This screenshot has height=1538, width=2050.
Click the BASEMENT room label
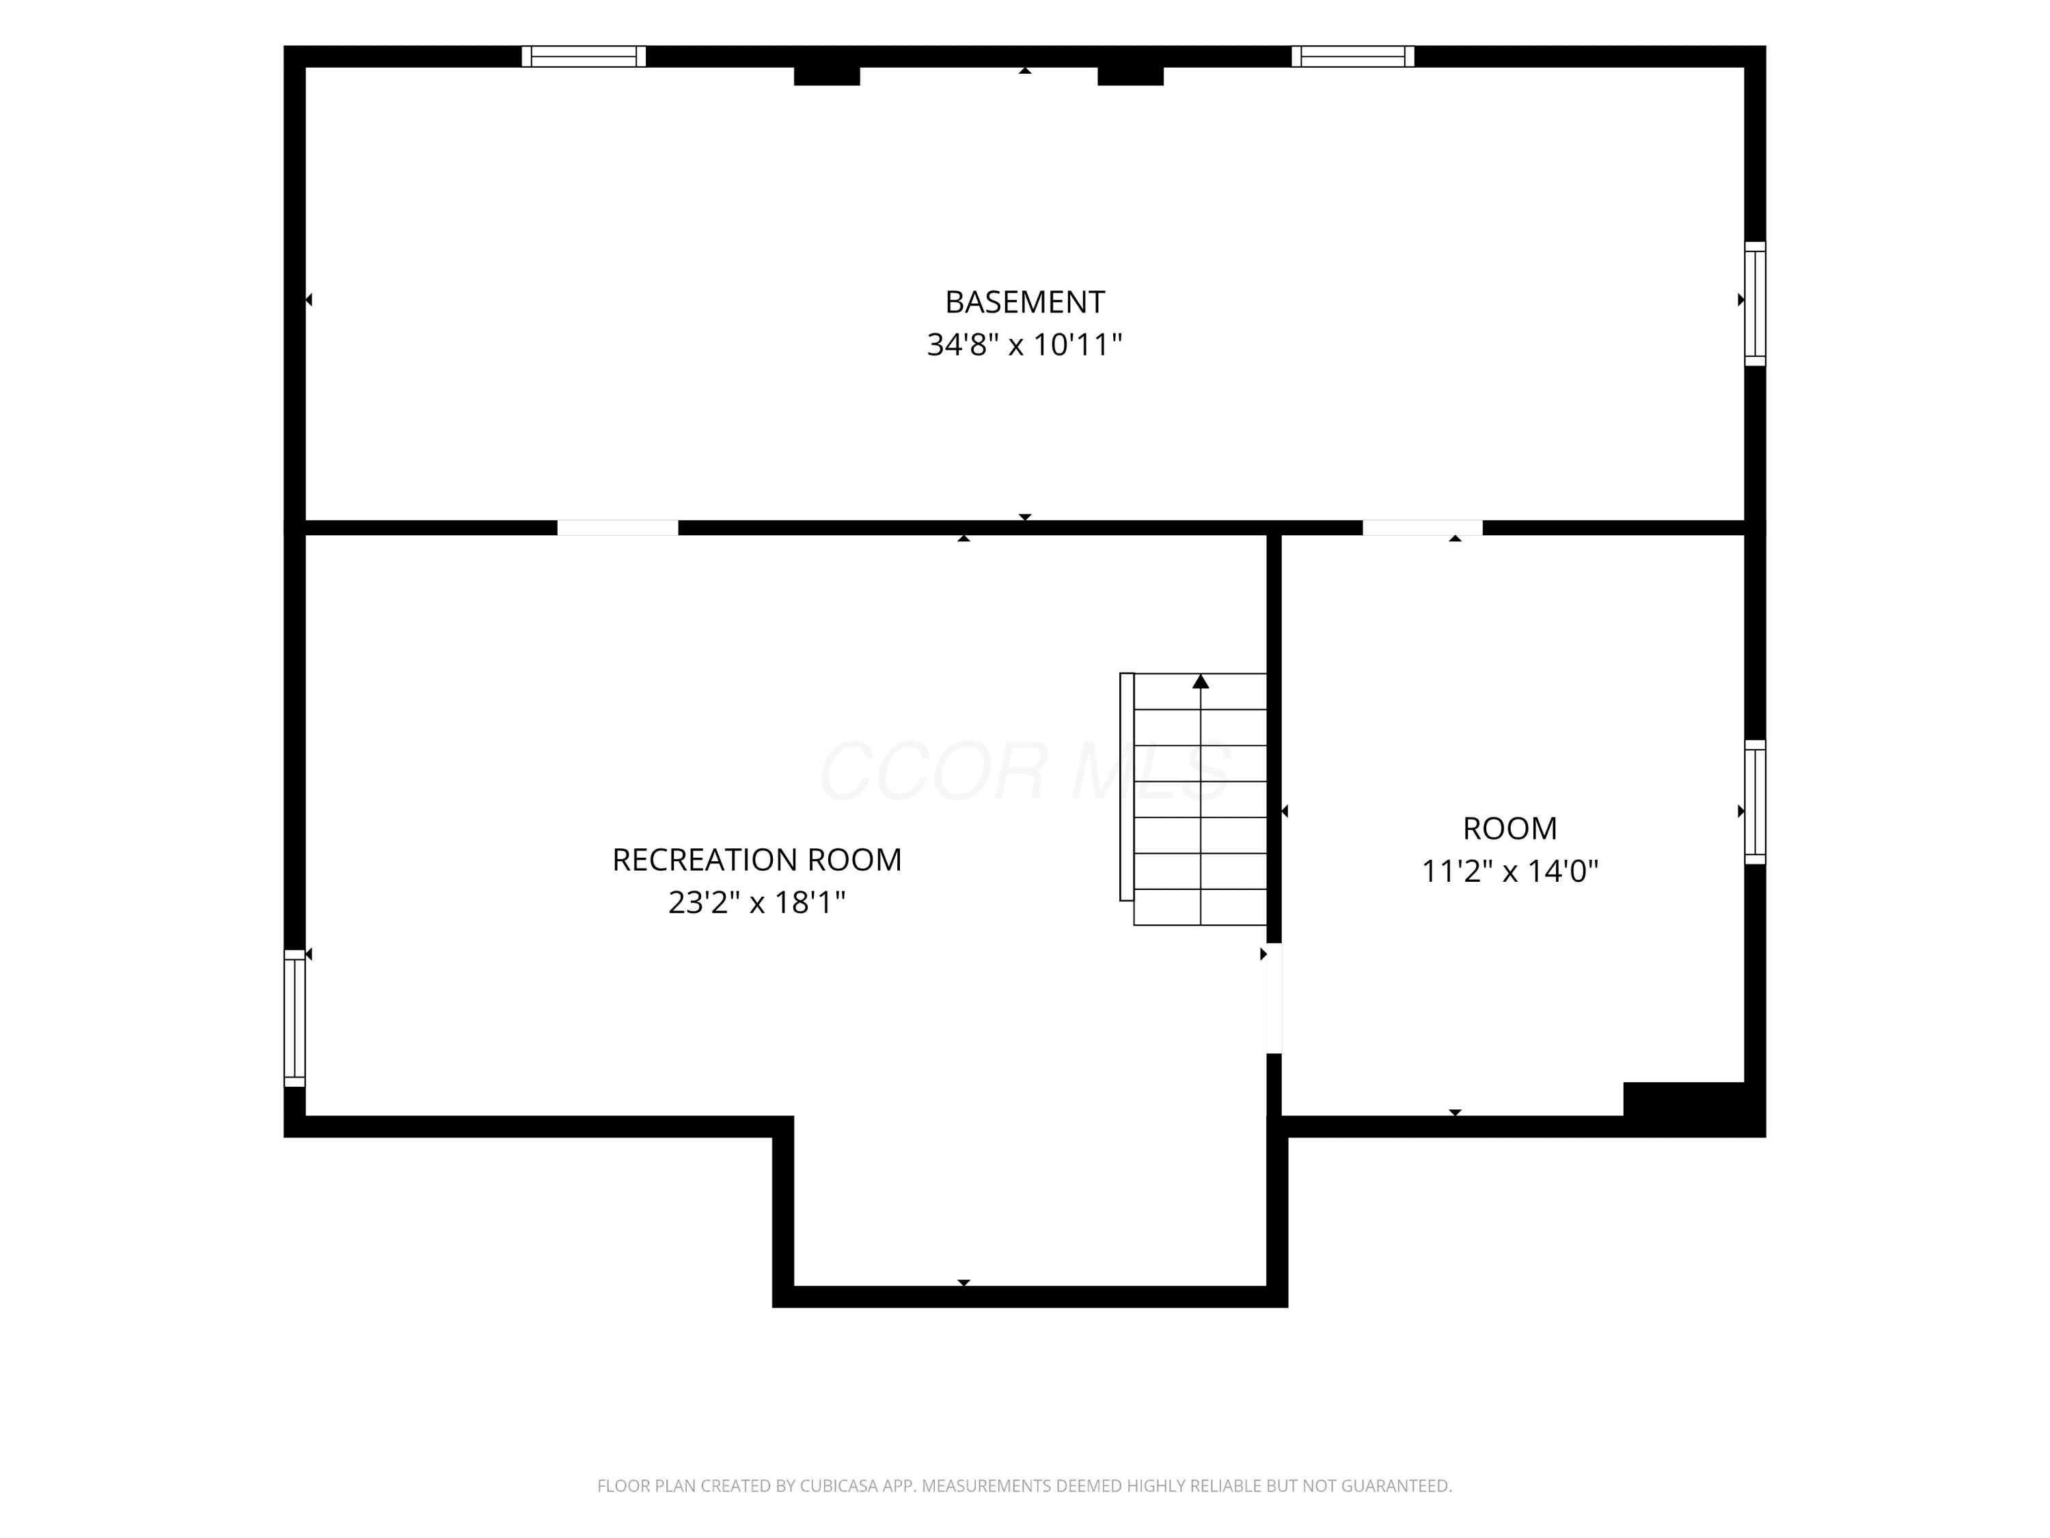(x=1024, y=302)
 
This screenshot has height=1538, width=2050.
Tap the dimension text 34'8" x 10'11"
(x=1024, y=345)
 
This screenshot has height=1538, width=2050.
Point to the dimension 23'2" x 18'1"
(x=756, y=902)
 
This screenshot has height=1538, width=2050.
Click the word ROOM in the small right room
(x=1509, y=828)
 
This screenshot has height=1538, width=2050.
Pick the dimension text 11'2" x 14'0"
(x=1509, y=872)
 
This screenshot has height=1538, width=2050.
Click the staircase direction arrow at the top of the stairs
(x=1201, y=682)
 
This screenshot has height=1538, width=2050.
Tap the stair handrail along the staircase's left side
(x=1127, y=787)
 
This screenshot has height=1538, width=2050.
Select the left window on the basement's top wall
(x=584, y=57)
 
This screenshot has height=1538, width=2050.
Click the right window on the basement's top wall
(x=1353, y=57)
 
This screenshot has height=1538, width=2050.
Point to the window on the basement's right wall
(x=1755, y=304)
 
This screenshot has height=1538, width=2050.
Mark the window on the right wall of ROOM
(x=1755, y=802)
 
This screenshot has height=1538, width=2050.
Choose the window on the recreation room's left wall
(x=295, y=1018)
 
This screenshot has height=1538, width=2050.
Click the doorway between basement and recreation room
(x=617, y=528)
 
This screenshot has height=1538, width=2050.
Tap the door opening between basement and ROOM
(x=1423, y=528)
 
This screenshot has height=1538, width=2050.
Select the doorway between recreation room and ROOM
(x=1274, y=999)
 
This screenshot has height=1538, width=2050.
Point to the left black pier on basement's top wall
(x=827, y=76)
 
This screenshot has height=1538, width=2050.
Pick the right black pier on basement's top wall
(x=1131, y=76)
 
